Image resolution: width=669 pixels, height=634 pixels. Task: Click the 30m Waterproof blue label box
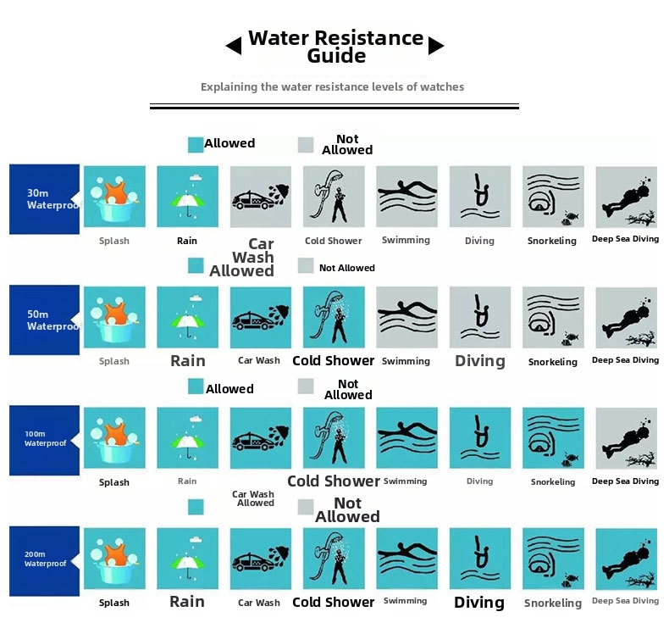44,199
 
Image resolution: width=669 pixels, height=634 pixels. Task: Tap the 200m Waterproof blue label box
44,561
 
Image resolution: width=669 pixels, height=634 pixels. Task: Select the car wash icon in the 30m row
261,197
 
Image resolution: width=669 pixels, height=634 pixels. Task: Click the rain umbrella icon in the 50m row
188,317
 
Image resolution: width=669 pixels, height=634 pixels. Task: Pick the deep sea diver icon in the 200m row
627,559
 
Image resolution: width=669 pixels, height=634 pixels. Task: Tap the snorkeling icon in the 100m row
553,438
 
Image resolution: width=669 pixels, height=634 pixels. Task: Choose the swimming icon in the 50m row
407,317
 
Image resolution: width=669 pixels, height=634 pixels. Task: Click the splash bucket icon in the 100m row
114,438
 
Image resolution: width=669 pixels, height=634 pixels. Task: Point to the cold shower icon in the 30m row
334,197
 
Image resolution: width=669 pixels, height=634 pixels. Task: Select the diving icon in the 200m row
480,559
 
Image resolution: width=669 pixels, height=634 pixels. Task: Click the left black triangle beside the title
234,46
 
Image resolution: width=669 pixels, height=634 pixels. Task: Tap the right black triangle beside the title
436,46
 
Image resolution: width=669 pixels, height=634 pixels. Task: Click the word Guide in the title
336,56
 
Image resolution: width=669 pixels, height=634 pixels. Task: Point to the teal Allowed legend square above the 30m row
196,145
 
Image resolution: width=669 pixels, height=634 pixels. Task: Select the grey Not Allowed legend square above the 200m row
306,507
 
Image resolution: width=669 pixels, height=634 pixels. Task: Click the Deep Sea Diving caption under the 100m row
626,481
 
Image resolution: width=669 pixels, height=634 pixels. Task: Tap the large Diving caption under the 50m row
480,361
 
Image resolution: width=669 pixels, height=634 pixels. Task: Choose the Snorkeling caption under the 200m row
553,603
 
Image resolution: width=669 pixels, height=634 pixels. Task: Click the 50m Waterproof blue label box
44,320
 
